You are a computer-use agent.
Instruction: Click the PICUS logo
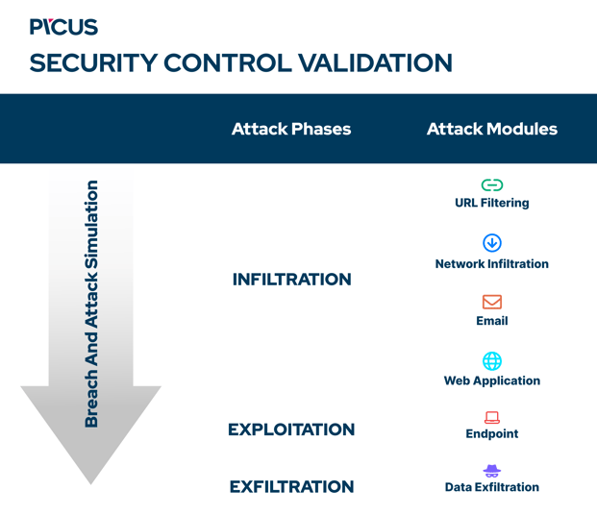pyautogui.click(x=63, y=27)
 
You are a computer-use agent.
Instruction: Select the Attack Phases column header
pyautogui.click(x=291, y=129)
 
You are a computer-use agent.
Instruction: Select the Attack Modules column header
pyautogui.click(x=491, y=129)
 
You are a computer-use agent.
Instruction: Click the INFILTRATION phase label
pyautogui.click(x=291, y=280)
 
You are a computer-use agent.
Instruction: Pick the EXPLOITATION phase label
pyautogui.click(x=291, y=429)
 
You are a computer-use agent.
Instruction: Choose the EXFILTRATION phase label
pyautogui.click(x=291, y=487)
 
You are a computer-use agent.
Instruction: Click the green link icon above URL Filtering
pyautogui.click(x=491, y=184)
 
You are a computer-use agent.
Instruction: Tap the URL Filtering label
pyautogui.click(x=491, y=203)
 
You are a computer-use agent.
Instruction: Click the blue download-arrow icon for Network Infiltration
pyautogui.click(x=491, y=243)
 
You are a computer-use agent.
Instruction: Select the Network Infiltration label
pyautogui.click(x=491, y=263)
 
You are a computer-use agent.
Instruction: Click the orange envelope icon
pyautogui.click(x=491, y=302)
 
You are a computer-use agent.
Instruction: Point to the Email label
pyautogui.click(x=491, y=321)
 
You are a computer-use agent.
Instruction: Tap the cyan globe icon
pyautogui.click(x=491, y=360)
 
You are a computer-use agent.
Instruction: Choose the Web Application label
pyautogui.click(x=491, y=380)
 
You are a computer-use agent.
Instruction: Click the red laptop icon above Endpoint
pyautogui.click(x=491, y=417)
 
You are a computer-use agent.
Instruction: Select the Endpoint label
pyautogui.click(x=491, y=433)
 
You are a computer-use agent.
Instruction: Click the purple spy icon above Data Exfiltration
pyautogui.click(x=491, y=471)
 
